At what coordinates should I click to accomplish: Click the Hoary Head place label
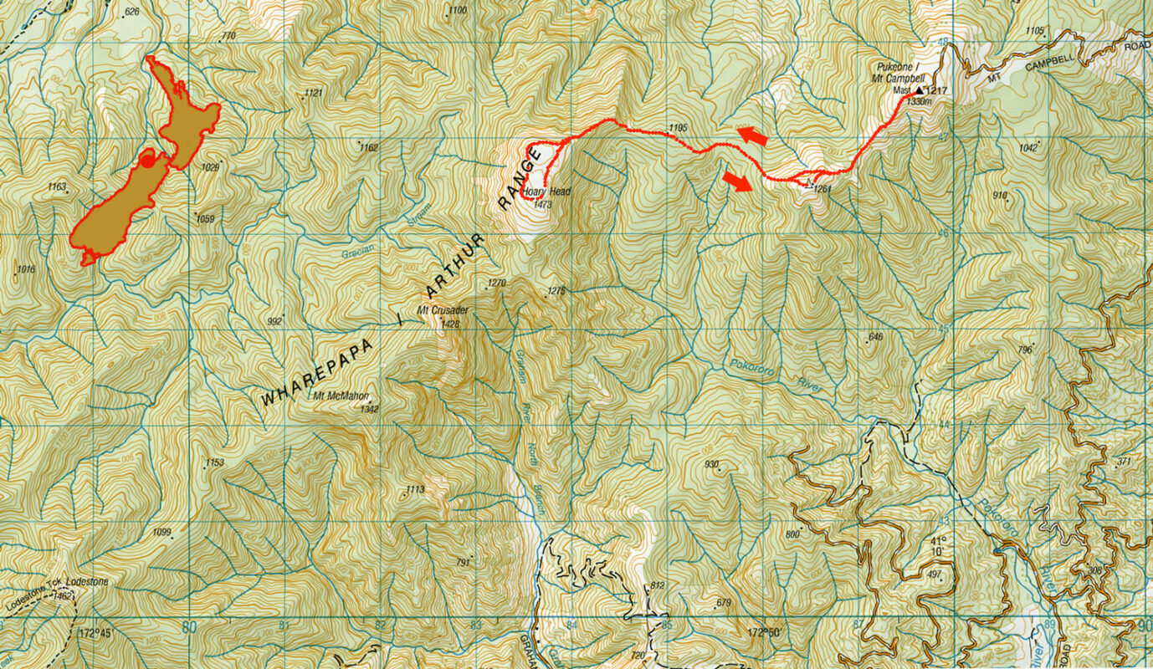coord(547,192)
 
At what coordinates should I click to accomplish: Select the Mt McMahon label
coord(339,396)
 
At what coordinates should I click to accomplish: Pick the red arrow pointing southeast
coord(737,181)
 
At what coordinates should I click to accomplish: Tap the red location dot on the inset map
coord(148,160)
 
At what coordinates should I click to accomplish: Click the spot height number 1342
coord(369,409)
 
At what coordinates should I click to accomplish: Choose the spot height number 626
coord(131,12)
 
